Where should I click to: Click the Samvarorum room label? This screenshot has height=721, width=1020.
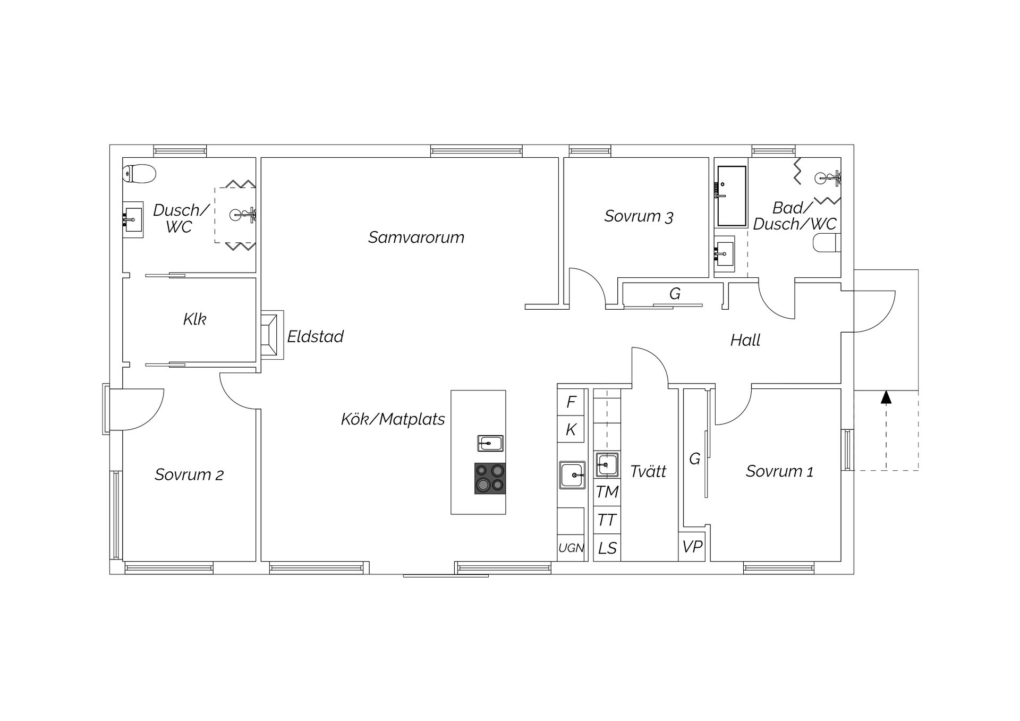pos(416,237)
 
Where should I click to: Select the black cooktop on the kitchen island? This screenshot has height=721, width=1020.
pos(490,479)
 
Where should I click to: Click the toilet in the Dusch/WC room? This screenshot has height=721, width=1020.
pos(139,173)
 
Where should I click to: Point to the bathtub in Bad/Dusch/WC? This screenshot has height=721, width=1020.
pos(732,196)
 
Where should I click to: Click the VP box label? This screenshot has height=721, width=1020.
pos(692,546)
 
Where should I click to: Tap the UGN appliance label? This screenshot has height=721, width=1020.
pos(571,548)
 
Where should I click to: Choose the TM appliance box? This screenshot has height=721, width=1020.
pos(607,492)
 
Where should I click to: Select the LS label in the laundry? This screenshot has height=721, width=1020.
pos(607,548)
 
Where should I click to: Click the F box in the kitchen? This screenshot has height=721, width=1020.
pos(571,402)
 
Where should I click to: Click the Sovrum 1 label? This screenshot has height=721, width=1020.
pos(779,471)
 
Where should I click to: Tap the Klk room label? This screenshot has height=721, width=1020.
pos(194,319)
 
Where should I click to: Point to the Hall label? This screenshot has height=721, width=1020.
pos(745,340)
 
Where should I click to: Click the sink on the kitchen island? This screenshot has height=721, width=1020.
pos(490,443)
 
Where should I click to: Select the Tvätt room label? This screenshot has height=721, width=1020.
pos(648,471)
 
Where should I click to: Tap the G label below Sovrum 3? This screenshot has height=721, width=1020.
pos(675,294)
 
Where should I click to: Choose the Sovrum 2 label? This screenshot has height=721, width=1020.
pos(189,474)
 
